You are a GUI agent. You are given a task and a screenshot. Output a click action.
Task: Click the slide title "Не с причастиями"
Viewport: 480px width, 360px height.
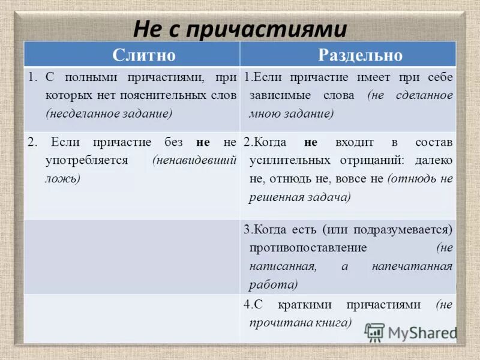(x=240, y=29)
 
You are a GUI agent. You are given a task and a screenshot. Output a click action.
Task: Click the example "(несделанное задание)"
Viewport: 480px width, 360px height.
(x=109, y=113)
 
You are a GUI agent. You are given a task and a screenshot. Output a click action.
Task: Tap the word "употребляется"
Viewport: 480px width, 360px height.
(x=86, y=161)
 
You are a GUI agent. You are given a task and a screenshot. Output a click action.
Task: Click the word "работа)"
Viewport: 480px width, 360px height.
(x=274, y=284)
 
